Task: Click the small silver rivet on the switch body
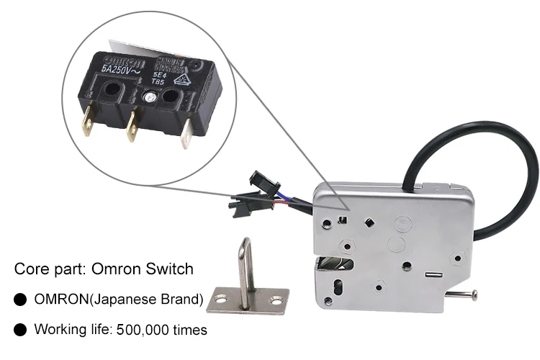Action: click(x=150, y=96)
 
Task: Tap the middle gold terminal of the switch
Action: click(x=132, y=129)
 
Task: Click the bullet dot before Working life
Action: click(x=21, y=330)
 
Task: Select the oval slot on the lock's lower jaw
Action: click(x=334, y=291)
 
